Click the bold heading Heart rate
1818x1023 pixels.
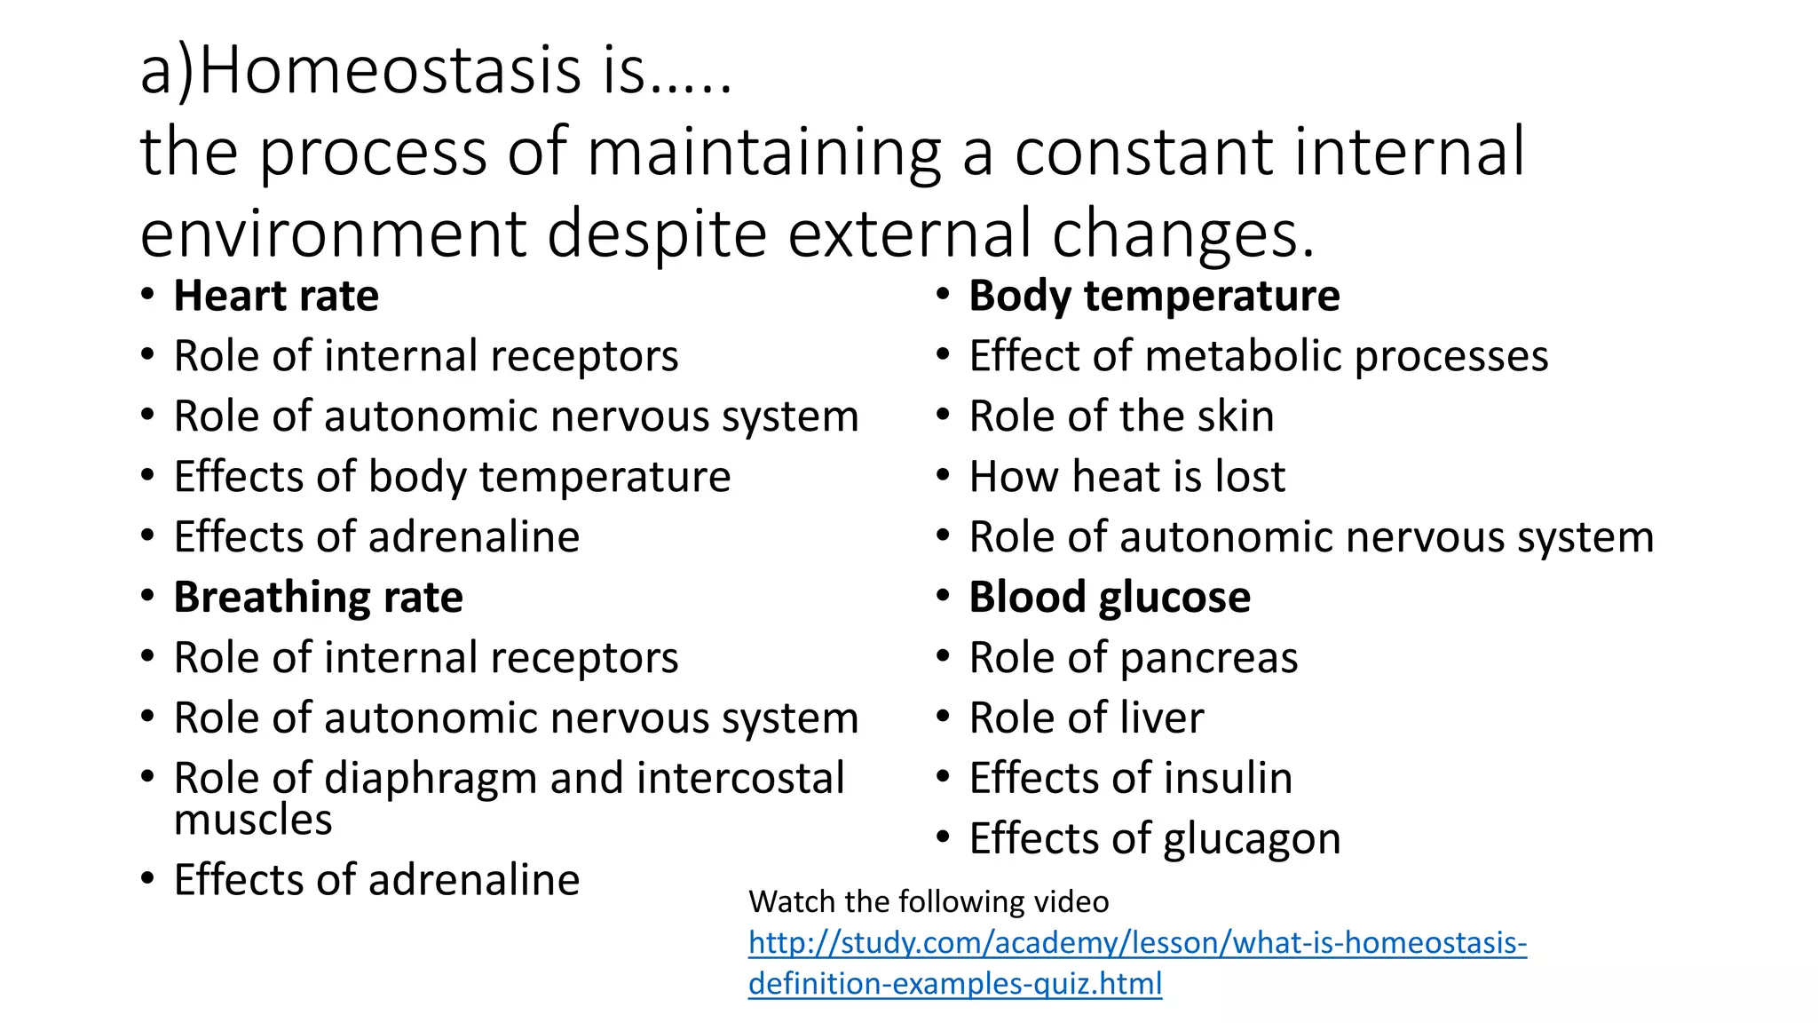[x=276, y=296]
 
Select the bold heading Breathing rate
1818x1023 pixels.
[x=318, y=598]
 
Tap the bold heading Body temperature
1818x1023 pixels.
[x=1154, y=296]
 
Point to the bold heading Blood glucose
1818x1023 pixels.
[x=1110, y=598]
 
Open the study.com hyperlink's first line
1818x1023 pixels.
[x=1137, y=942]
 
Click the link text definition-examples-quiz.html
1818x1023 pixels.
[x=955, y=983]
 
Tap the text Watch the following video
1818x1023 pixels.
[x=929, y=901]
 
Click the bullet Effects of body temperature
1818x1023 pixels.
[x=452, y=477]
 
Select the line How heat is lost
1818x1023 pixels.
[x=1126, y=477]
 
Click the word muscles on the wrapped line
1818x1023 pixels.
[x=253, y=820]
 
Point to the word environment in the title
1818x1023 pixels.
[x=333, y=234]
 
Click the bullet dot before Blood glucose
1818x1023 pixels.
[x=944, y=596]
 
